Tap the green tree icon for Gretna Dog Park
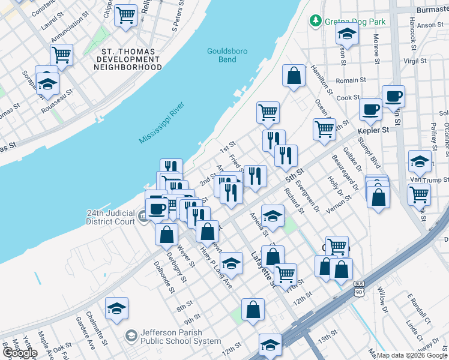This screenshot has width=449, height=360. pyautogui.click(x=315, y=22)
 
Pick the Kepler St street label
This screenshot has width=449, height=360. pyautogui.click(x=373, y=130)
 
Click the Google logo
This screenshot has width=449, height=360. pyautogui.click(x=20, y=353)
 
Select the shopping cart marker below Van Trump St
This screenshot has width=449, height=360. pyautogui.click(x=419, y=193)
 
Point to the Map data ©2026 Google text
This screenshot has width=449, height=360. pyautogui.click(x=412, y=355)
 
